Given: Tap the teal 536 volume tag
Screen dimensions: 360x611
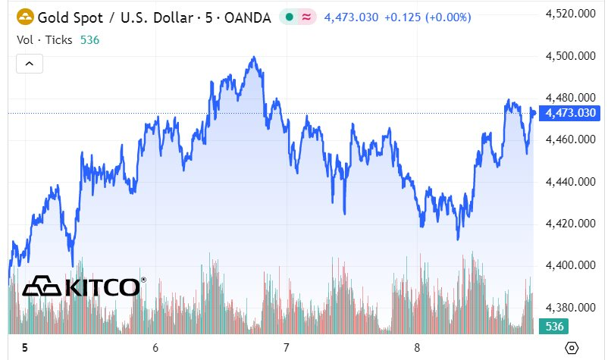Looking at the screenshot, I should (554, 327).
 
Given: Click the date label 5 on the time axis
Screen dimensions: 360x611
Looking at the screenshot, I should (24, 347).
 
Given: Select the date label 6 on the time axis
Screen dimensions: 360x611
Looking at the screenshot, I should (155, 347).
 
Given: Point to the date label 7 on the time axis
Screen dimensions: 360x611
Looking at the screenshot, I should (287, 347).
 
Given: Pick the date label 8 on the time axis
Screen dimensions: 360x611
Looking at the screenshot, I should (418, 347).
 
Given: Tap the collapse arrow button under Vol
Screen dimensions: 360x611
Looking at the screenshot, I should (30, 64).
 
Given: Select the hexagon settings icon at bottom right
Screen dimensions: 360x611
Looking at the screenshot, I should (572, 347).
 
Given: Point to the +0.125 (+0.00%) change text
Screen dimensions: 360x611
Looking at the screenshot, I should (428, 17).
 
